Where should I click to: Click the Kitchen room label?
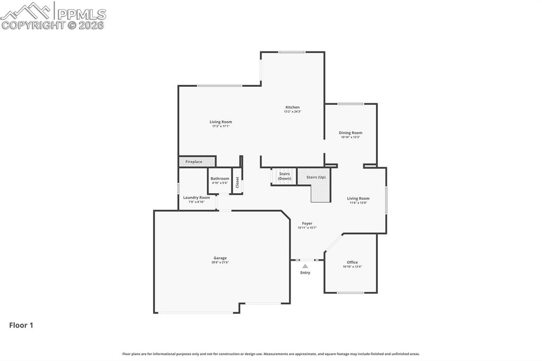tap(292, 107)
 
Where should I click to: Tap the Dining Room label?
tap(350, 133)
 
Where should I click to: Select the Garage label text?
tap(220, 258)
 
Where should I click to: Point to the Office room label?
tap(352, 263)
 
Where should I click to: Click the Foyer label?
tap(307, 223)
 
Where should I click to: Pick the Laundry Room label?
tap(196, 197)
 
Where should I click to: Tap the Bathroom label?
tap(220, 178)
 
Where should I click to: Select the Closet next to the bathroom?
tap(237, 182)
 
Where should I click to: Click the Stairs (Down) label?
tap(285, 176)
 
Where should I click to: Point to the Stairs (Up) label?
tap(316, 177)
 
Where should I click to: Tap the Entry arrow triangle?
tap(305, 266)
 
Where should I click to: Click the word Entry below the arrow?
tap(305, 273)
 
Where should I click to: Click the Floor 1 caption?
tap(21, 326)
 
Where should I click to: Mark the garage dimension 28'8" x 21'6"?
tap(220, 263)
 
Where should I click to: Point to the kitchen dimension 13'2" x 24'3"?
tap(292, 112)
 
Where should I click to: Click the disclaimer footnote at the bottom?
tap(271, 354)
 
